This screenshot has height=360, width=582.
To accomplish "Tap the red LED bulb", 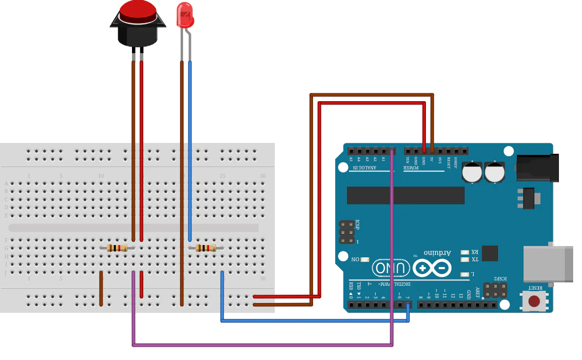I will (x=185, y=15).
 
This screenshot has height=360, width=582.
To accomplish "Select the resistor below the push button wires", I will (x=117, y=248).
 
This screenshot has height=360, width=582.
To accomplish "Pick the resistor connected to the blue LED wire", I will (x=206, y=248).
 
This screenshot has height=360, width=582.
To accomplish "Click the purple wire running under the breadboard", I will (x=263, y=345).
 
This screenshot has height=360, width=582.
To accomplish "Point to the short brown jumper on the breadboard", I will (x=101, y=288).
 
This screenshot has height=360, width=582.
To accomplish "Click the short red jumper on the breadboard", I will (x=141, y=285).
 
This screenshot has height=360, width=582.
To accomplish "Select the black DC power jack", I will (x=537, y=167).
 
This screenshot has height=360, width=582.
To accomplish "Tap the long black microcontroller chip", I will (x=405, y=195).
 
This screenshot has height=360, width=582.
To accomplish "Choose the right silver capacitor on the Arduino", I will (x=495, y=172).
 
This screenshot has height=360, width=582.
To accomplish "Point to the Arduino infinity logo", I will (x=432, y=268).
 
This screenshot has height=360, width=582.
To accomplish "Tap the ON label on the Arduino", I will (x=355, y=259).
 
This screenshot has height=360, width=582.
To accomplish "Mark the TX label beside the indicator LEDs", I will (x=475, y=259).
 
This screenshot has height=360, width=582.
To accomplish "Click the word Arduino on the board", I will (x=437, y=252).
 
